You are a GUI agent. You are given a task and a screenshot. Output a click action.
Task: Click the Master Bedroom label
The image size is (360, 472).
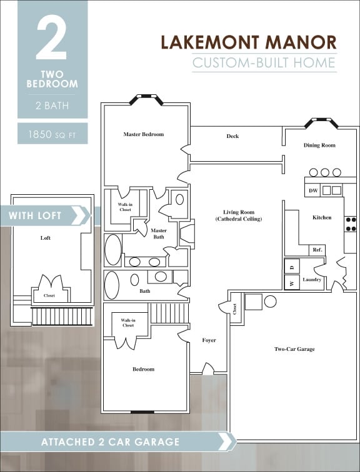[143, 134]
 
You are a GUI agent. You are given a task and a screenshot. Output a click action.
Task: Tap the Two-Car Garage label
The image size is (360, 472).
[294, 349]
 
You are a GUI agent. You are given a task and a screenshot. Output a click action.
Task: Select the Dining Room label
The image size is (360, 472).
[319, 145]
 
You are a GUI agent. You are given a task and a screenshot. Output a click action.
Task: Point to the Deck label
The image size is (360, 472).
[232, 136]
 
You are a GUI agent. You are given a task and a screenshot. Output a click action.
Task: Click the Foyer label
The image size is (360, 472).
[209, 340]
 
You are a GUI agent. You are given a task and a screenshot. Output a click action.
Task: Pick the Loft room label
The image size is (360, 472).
[45, 238]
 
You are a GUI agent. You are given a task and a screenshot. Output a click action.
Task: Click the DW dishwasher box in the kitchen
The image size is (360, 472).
[312, 190]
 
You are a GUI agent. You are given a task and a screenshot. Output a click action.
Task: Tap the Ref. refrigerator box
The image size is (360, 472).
[317, 250]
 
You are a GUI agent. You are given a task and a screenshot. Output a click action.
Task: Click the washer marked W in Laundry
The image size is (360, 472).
[292, 283]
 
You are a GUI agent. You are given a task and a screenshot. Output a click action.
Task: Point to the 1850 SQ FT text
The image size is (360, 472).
[52, 134]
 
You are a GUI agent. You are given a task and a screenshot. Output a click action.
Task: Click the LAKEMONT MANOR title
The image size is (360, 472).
[248, 42]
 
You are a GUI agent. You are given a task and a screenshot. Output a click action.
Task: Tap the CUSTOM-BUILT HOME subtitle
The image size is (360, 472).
[264, 62]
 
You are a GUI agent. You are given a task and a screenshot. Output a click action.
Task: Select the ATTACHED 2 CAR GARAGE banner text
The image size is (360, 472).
[110, 442]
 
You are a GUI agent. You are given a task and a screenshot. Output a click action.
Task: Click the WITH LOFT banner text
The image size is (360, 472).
[35, 215]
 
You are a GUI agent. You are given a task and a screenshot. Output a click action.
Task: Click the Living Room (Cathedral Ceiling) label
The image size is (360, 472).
[238, 215]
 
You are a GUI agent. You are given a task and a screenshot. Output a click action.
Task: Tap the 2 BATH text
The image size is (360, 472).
[52, 106]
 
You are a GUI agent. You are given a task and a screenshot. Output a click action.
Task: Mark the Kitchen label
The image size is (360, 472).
[322, 217]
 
